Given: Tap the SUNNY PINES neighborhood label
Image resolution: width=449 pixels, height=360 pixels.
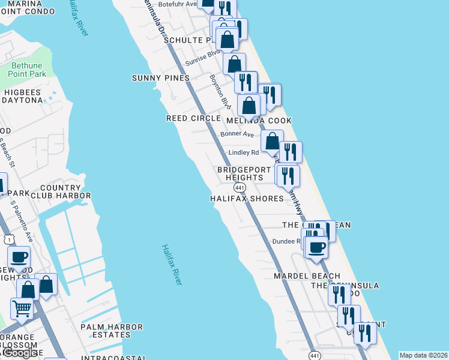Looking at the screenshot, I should (161, 78).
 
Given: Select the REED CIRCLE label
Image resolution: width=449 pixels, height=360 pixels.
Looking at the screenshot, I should (193, 118).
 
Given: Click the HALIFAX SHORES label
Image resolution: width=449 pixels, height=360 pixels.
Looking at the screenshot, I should (247, 198).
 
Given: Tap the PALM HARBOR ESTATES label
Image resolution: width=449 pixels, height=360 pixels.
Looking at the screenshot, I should (112, 331).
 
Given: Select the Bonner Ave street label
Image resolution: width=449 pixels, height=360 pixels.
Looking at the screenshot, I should (234, 134).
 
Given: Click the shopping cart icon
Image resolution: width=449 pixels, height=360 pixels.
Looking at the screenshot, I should (22, 309).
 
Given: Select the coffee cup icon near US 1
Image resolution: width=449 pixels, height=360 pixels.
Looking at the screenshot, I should (19, 257).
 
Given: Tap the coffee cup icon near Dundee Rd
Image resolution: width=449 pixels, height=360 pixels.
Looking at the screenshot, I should (316, 246).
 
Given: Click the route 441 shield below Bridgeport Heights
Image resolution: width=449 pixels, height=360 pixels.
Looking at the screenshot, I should (238, 188).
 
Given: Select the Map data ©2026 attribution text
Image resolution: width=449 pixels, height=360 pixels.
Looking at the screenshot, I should (423, 355).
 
